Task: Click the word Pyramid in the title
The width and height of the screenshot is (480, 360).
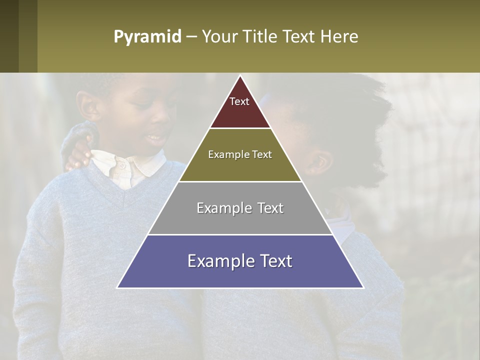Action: (147, 36)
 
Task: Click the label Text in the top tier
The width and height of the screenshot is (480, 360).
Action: (239, 101)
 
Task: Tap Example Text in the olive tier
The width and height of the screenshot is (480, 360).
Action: (240, 154)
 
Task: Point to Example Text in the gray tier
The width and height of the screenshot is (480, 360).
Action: (240, 208)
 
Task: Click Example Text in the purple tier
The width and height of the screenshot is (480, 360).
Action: (240, 261)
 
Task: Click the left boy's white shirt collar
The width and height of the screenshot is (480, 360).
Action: (120, 165)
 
